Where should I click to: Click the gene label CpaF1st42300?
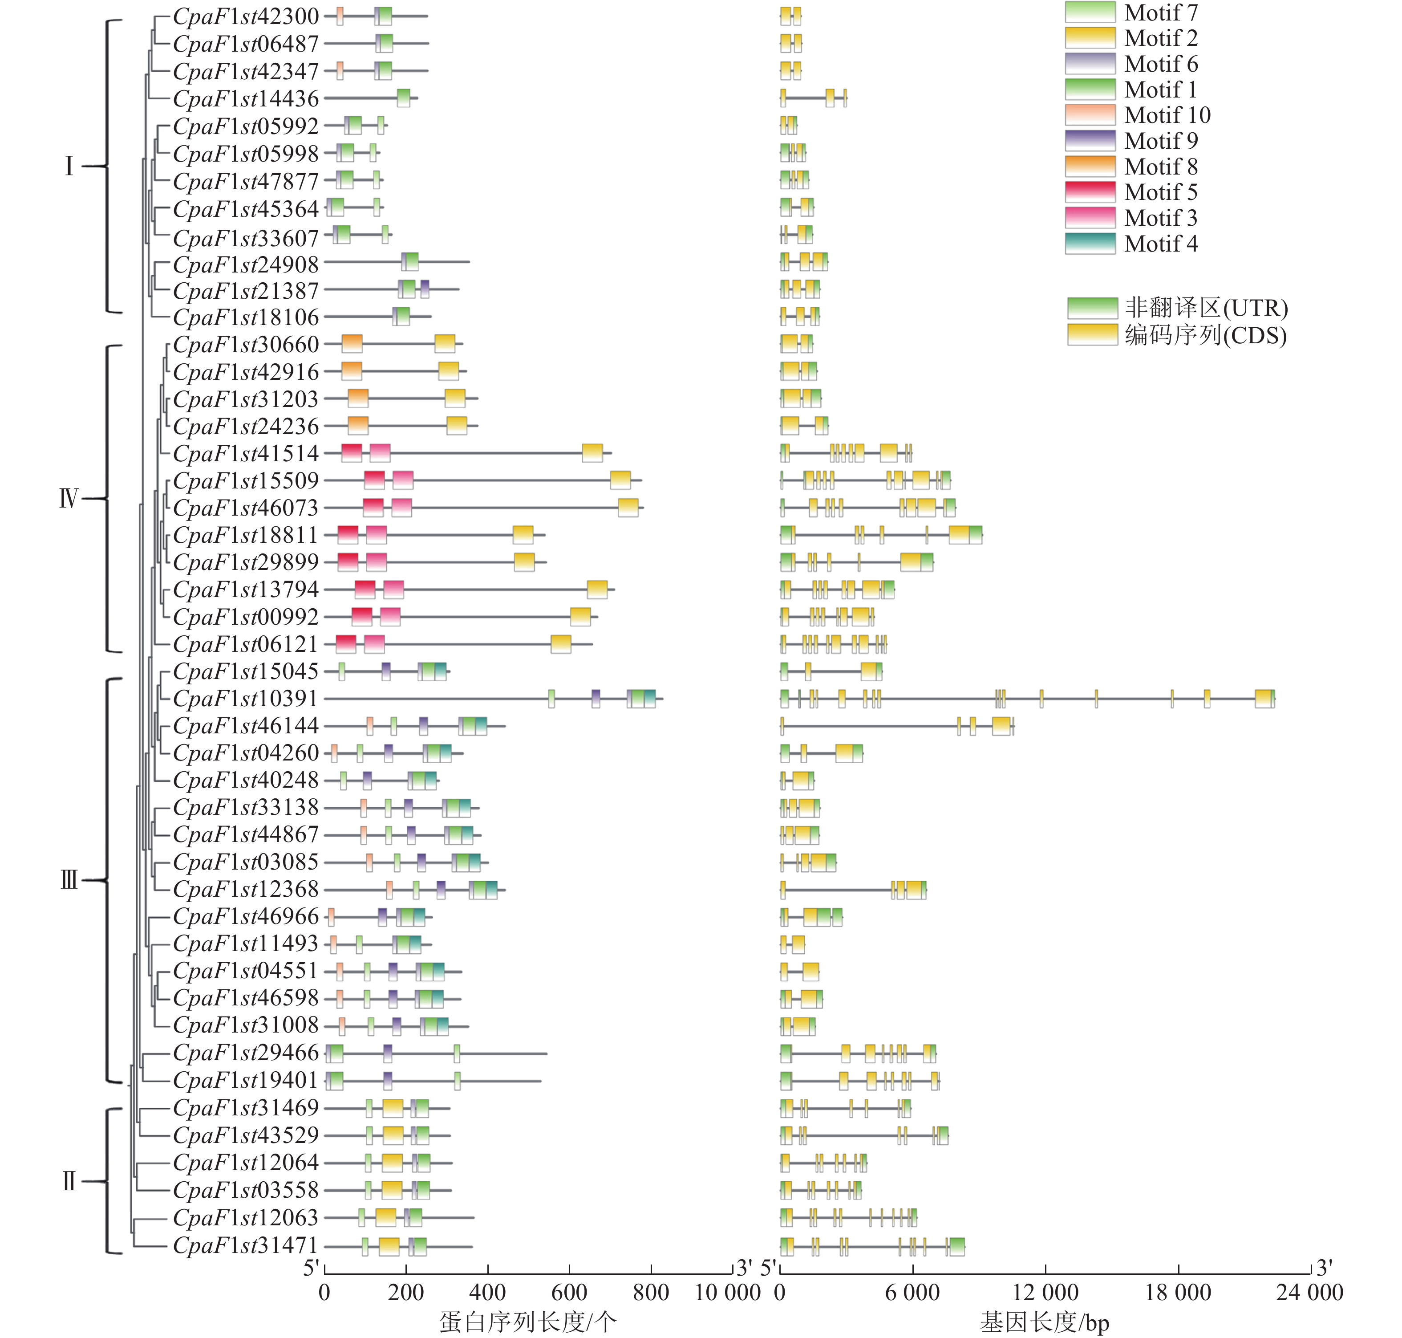(x=246, y=16)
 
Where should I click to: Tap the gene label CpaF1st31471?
(x=246, y=1245)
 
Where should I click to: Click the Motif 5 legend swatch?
(x=1090, y=192)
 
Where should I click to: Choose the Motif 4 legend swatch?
(x=1090, y=243)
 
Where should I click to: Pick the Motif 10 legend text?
(x=1167, y=115)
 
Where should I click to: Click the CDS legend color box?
(x=1092, y=334)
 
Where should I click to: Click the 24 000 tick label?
(x=1309, y=1292)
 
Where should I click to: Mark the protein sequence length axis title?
(x=527, y=1322)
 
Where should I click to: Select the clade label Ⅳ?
(x=69, y=498)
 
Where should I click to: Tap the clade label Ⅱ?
(x=69, y=1182)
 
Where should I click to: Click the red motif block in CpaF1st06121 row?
(x=346, y=644)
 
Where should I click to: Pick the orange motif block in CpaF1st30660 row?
(x=352, y=344)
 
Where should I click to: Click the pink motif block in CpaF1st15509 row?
(x=403, y=480)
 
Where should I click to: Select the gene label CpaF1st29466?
(x=246, y=1053)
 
